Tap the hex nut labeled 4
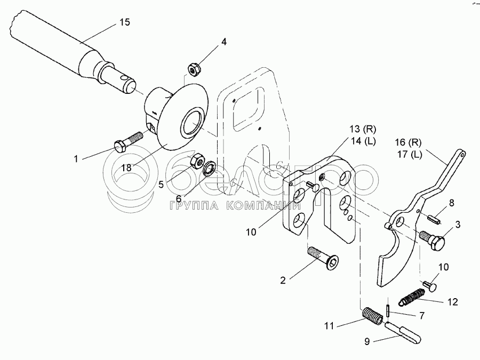(x=194, y=68)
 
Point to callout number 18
(x=126, y=168)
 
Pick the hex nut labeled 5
(x=196, y=158)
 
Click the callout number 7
(x=421, y=316)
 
